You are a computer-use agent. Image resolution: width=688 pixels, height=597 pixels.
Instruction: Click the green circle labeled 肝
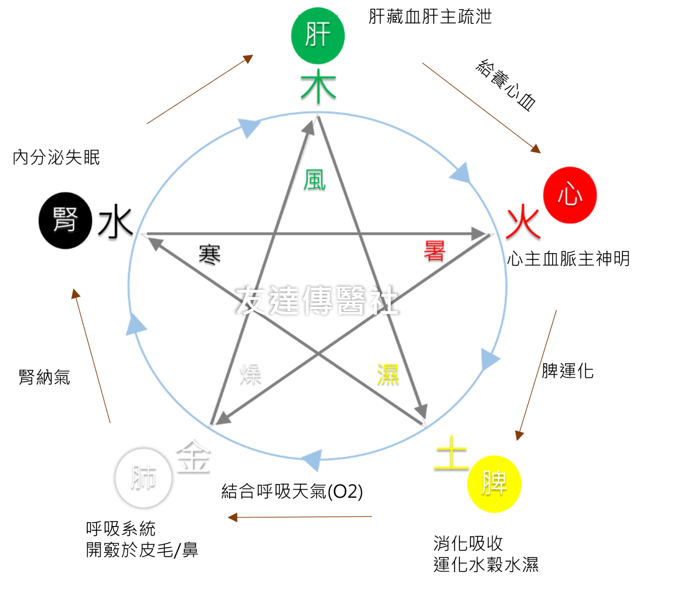(x=318, y=35)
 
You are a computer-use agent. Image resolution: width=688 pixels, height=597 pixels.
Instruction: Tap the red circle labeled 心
(x=570, y=195)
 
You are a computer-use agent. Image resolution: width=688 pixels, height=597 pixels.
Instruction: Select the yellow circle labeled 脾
(x=494, y=484)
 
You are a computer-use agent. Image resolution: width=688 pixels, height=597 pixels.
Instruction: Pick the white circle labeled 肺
(x=144, y=478)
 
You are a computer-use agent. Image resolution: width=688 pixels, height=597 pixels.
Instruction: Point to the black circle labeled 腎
(x=65, y=220)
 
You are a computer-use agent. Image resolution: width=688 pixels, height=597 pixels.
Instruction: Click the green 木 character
(x=318, y=86)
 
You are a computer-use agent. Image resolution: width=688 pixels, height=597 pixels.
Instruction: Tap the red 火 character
(x=524, y=222)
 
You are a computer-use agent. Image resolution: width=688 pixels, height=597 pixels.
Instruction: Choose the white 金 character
(x=192, y=455)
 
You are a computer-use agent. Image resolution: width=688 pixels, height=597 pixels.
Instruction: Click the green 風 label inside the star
(x=314, y=180)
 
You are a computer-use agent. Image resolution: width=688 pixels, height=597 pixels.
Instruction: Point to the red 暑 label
(x=434, y=250)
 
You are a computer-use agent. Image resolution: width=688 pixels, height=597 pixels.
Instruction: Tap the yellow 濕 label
(x=388, y=374)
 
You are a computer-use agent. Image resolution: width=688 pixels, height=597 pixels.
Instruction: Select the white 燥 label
(x=250, y=373)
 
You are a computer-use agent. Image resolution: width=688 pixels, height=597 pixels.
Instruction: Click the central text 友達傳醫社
(x=317, y=300)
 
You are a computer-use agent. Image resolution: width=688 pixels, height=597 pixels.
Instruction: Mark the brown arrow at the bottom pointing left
(x=300, y=517)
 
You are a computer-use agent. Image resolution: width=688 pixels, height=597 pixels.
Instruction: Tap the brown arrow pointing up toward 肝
(x=200, y=89)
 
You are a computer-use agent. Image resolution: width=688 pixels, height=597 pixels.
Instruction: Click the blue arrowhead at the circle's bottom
(x=313, y=459)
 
